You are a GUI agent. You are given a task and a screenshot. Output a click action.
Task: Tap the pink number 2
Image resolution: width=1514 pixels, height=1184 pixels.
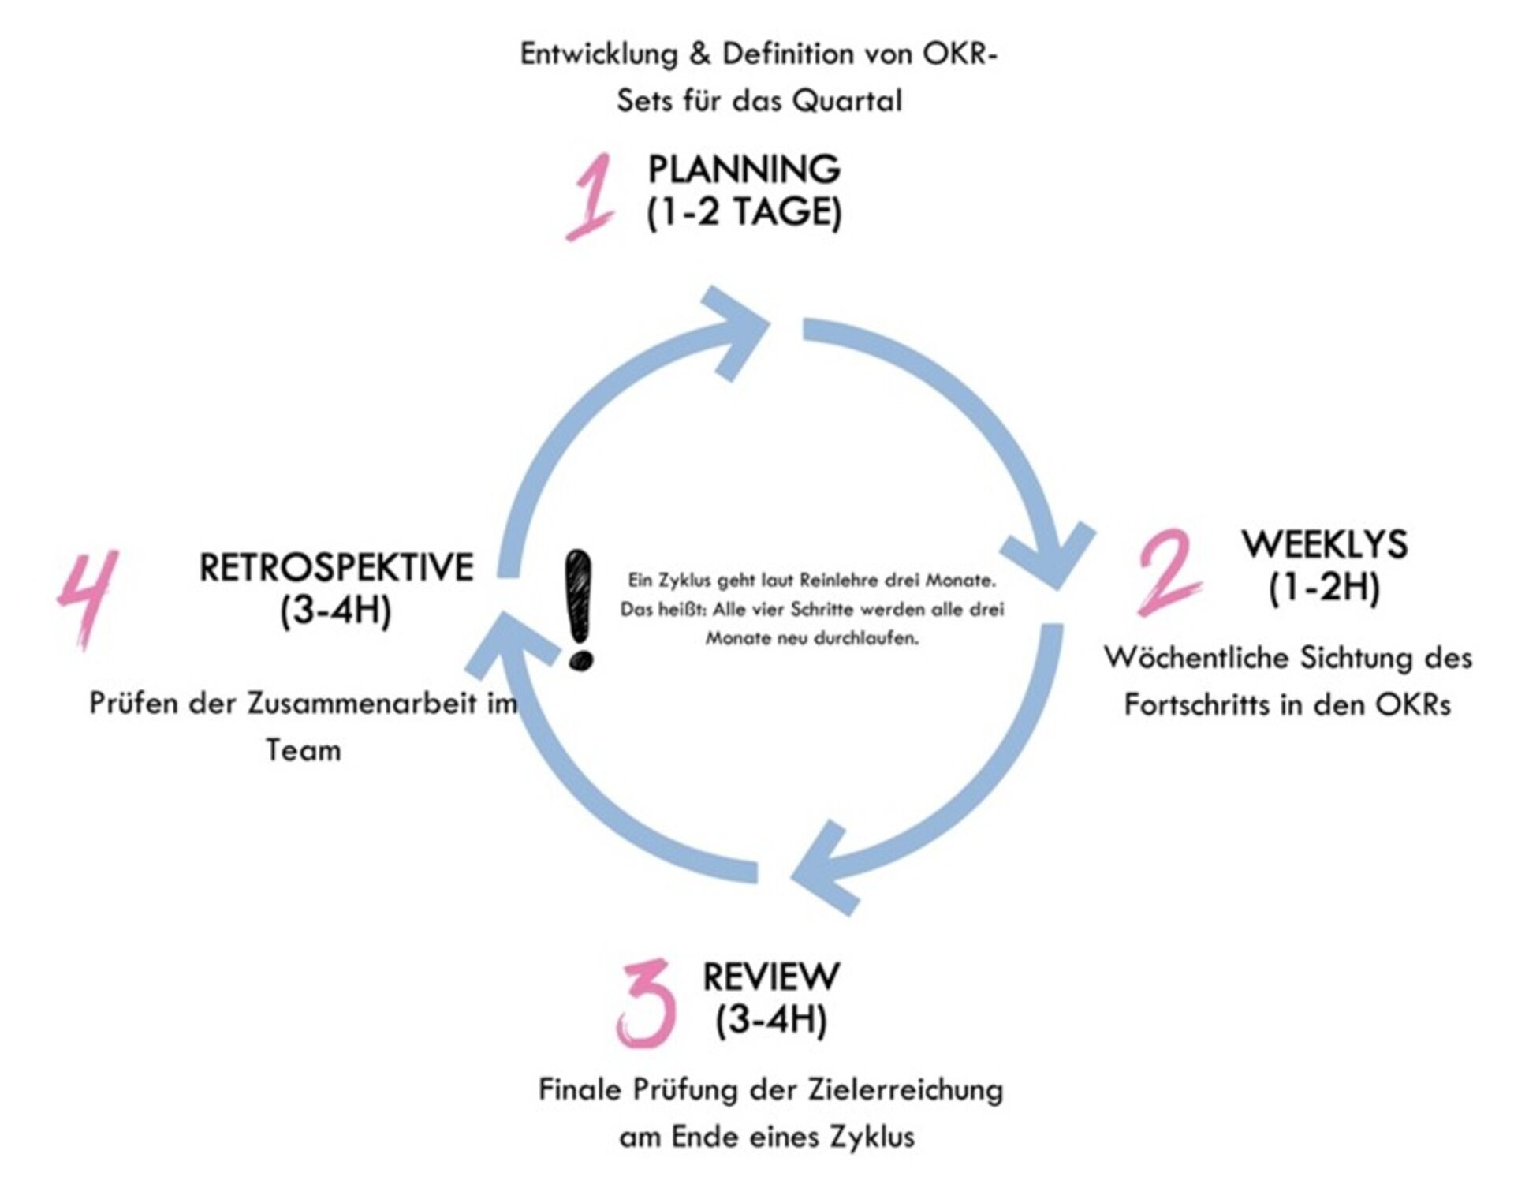(x=1169, y=571)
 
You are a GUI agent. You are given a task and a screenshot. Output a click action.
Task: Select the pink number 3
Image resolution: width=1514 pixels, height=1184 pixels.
(x=647, y=1003)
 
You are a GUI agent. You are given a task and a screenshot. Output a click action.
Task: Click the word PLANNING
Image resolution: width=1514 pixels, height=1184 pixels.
(x=744, y=169)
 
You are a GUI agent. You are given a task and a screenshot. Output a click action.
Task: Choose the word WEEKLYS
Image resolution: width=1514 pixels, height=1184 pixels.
(x=1325, y=544)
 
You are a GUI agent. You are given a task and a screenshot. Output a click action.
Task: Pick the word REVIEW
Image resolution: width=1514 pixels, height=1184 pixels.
(x=771, y=977)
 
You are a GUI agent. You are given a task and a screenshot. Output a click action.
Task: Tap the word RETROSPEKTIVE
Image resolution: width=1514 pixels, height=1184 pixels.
(x=336, y=567)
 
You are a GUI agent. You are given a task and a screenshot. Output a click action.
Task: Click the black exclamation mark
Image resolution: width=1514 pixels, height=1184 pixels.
(x=580, y=611)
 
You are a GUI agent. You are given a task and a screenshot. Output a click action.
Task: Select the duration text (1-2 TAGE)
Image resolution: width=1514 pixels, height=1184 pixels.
(x=744, y=213)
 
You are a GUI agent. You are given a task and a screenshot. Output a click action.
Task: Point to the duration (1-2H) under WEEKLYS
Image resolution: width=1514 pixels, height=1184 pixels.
(x=1325, y=588)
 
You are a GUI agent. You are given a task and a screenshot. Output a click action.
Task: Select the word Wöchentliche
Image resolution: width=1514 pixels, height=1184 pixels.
(x=1194, y=657)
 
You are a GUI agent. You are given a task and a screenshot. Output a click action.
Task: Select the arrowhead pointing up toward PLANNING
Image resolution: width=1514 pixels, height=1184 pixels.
(x=733, y=331)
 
